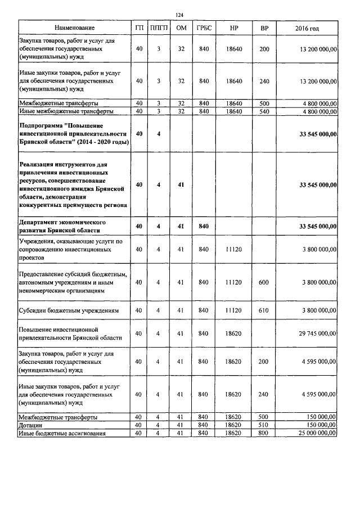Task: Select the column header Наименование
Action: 74,28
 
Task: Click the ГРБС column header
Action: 204,28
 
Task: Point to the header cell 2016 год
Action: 307,28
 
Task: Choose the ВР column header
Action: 264,28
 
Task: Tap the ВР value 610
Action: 264,310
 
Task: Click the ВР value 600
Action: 264,282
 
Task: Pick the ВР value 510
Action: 264,425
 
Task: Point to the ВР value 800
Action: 264,434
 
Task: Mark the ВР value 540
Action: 264,111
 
